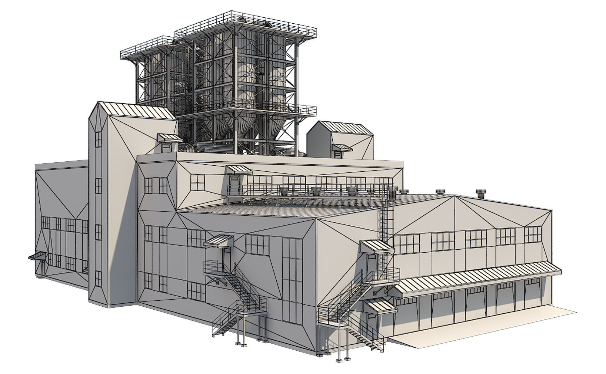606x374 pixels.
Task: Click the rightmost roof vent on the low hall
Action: click(480, 194)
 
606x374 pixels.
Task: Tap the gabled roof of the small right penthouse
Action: click(345, 127)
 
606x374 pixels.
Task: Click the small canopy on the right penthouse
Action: click(343, 147)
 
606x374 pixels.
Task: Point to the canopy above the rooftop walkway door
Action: click(239, 170)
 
